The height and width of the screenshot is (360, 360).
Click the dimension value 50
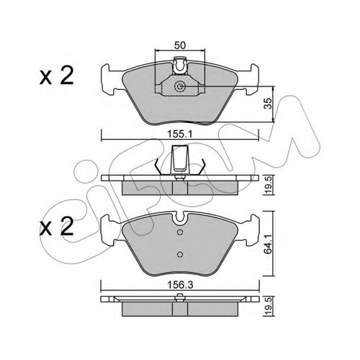click(180, 45)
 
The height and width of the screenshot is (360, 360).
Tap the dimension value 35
click(269, 104)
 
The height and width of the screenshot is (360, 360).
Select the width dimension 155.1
click(180, 134)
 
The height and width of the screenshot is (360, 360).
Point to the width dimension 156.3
click(180, 285)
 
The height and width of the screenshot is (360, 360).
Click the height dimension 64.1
click(269, 244)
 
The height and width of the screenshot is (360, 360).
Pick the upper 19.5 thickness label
click(269, 185)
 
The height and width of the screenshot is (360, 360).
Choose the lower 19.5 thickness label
click(269, 307)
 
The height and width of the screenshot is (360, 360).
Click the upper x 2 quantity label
click(57, 76)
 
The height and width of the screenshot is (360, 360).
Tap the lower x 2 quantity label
click(57, 226)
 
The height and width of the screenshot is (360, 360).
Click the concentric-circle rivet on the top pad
click(179, 86)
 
